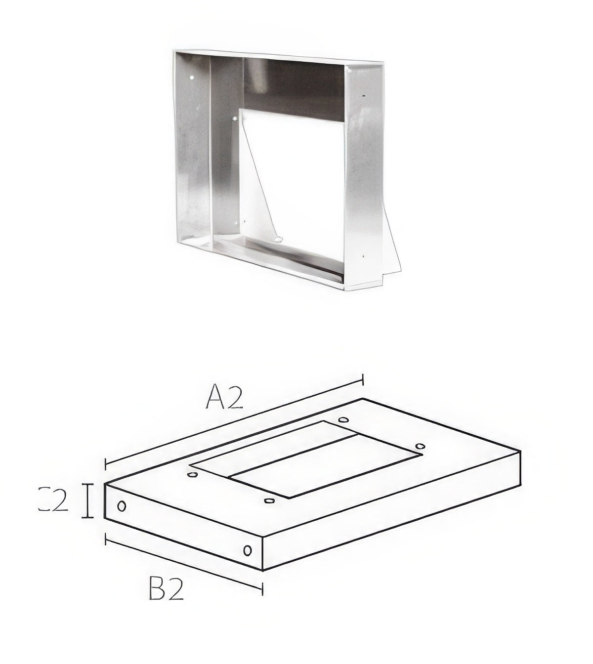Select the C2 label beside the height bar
[x=53, y=500]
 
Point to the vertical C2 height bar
[x=87, y=501]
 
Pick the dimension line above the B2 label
[x=183, y=561]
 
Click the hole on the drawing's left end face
[x=122, y=506]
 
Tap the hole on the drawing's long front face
[x=248, y=550]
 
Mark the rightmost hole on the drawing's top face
[x=420, y=447]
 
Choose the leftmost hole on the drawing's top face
[x=192, y=475]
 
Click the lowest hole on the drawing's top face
[x=269, y=501]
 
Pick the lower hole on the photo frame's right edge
[x=363, y=256]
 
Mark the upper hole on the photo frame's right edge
[x=364, y=94]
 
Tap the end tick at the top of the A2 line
[x=363, y=379]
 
